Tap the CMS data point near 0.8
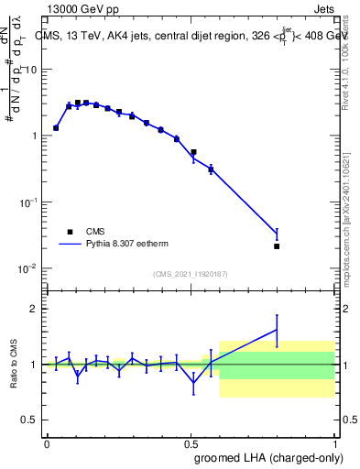277,246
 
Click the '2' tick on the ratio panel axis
35,309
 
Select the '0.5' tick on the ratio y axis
30,420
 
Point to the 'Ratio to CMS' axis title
13,364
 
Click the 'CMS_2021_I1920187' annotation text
190,274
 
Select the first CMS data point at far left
56,128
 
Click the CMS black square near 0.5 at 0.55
193,152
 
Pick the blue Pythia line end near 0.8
277,235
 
